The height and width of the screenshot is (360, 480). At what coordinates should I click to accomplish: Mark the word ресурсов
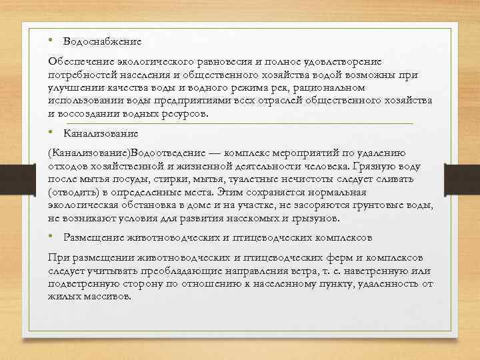tap(198, 113)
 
